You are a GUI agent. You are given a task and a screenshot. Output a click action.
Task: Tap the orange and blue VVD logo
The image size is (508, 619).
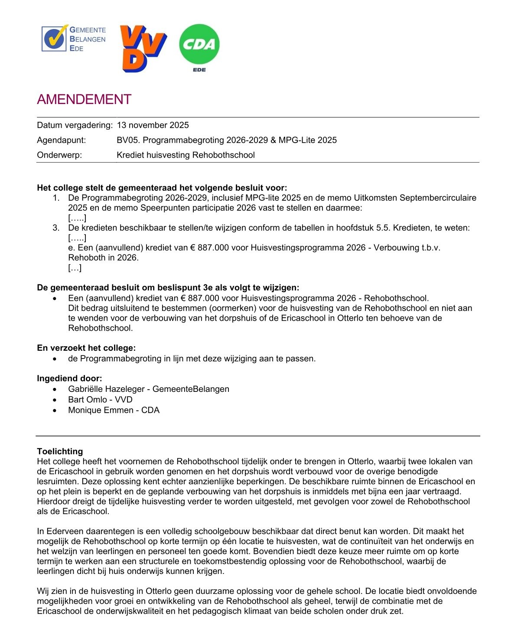[143, 48]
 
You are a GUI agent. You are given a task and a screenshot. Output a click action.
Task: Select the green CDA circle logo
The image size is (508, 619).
[199, 44]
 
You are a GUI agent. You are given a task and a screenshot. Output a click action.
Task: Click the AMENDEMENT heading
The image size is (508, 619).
[84, 100]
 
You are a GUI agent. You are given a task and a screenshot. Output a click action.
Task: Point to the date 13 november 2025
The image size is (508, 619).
[153, 125]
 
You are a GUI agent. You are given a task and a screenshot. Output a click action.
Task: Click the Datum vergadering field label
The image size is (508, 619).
[75, 125]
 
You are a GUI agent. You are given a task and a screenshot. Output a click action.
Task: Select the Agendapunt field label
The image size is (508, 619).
[62, 140]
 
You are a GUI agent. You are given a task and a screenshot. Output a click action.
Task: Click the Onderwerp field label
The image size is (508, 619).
[59, 155]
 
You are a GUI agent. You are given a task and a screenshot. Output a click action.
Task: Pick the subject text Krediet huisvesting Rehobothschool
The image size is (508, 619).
[186, 155]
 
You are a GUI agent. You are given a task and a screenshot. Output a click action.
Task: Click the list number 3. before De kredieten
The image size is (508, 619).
[56, 228]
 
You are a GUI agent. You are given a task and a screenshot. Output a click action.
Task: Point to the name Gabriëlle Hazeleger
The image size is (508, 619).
[106, 389]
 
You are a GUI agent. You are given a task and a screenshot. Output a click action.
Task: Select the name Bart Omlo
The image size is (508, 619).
[87, 399]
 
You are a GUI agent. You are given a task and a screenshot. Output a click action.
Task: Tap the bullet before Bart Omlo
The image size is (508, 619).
[55, 400]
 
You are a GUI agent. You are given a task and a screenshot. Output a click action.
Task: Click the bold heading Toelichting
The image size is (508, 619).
[60, 451]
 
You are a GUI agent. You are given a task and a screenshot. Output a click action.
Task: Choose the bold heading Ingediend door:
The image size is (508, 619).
[69, 378]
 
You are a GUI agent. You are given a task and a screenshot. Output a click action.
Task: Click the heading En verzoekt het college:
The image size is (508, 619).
[86, 348]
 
